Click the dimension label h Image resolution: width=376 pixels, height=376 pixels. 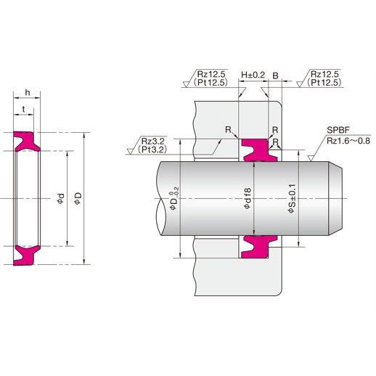(x=28, y=92)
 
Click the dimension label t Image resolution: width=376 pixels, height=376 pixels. (x=23, y=110)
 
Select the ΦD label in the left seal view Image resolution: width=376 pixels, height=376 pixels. (x=78, y=198)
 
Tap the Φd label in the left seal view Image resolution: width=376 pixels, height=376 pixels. (x=60, y=198)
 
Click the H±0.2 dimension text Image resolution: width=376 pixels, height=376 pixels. (x=253, y=75)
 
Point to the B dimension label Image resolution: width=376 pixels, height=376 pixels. (x=275, y=75)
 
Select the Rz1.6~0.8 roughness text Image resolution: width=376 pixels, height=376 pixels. (x=348, y=141)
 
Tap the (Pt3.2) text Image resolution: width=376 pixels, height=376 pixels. (x=152, y=150)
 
